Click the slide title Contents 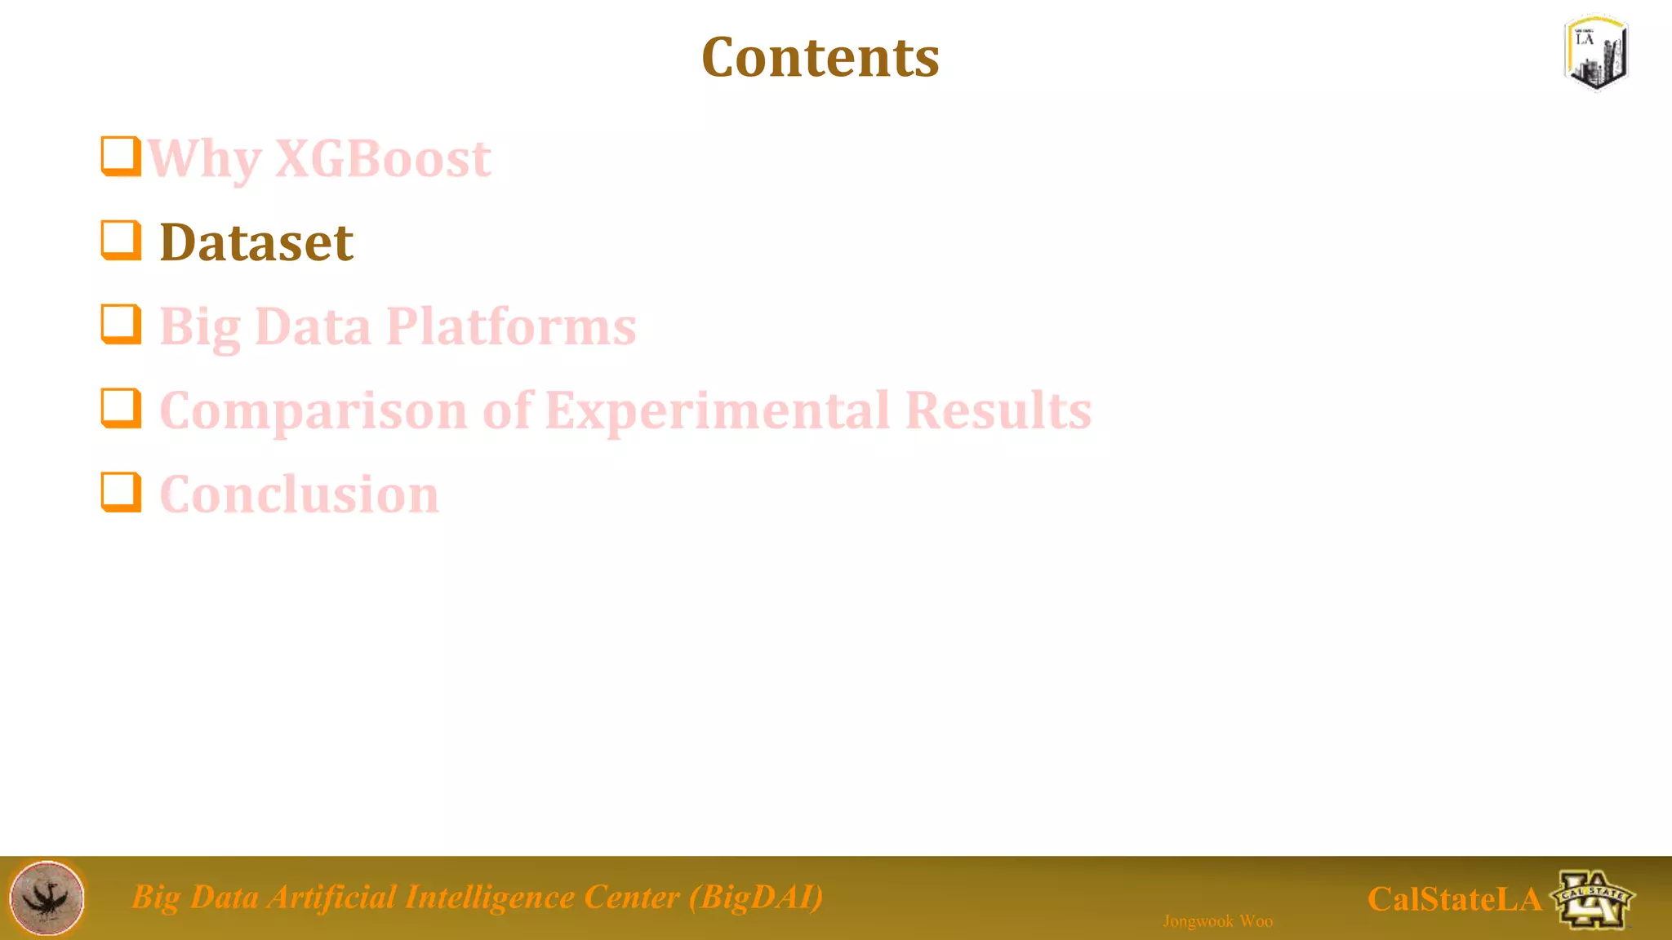point(820,58)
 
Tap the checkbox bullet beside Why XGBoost point(121,156)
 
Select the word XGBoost point(383,157)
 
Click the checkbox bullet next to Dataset point(121,241)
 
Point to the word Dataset point(256,242)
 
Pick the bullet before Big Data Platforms point(121,325)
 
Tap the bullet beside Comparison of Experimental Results point(121,408)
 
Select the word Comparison point(313,410)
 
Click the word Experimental point(717,410)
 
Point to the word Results point(998,410)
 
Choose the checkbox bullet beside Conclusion point(121,492)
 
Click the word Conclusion point(299,494)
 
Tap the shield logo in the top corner point(1596,52)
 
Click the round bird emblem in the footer point(47,898)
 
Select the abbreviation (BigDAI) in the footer point(755,897)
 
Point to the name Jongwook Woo point(1217,921)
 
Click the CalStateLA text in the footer point(1454,899)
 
